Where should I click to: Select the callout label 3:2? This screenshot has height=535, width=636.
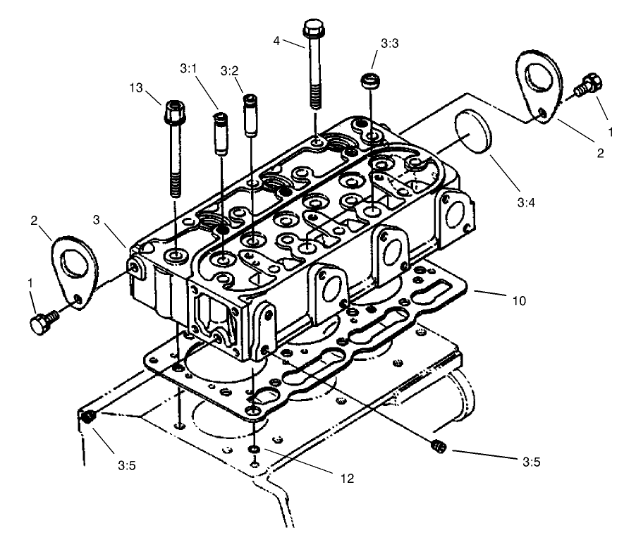(x=228, y=70)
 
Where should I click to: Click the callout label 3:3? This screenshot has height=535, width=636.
(x=389, y=44)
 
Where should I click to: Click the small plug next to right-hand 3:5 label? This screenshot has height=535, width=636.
(x=438, y=445)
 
